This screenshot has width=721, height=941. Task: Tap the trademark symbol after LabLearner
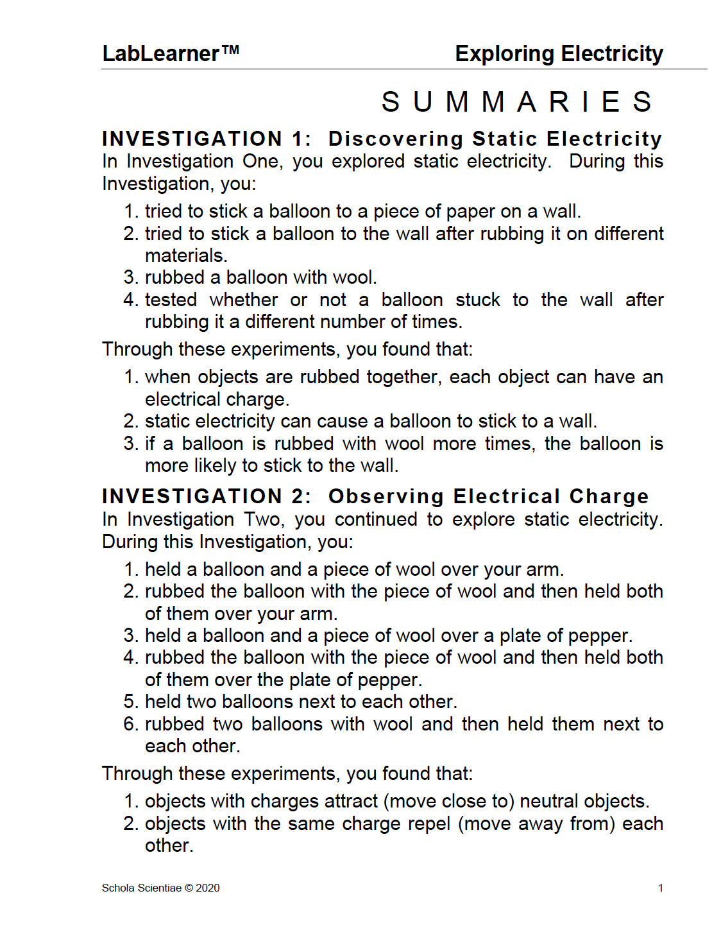[x=230, y=49]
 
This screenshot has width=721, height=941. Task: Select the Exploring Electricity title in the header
[x=559, y=53]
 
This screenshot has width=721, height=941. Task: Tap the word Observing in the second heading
[x=386, y=496]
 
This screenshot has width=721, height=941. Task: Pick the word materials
[x=186, y=255]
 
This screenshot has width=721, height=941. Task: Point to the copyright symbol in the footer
[x=189, y=888]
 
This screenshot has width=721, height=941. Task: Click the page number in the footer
[x=660, y=888]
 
